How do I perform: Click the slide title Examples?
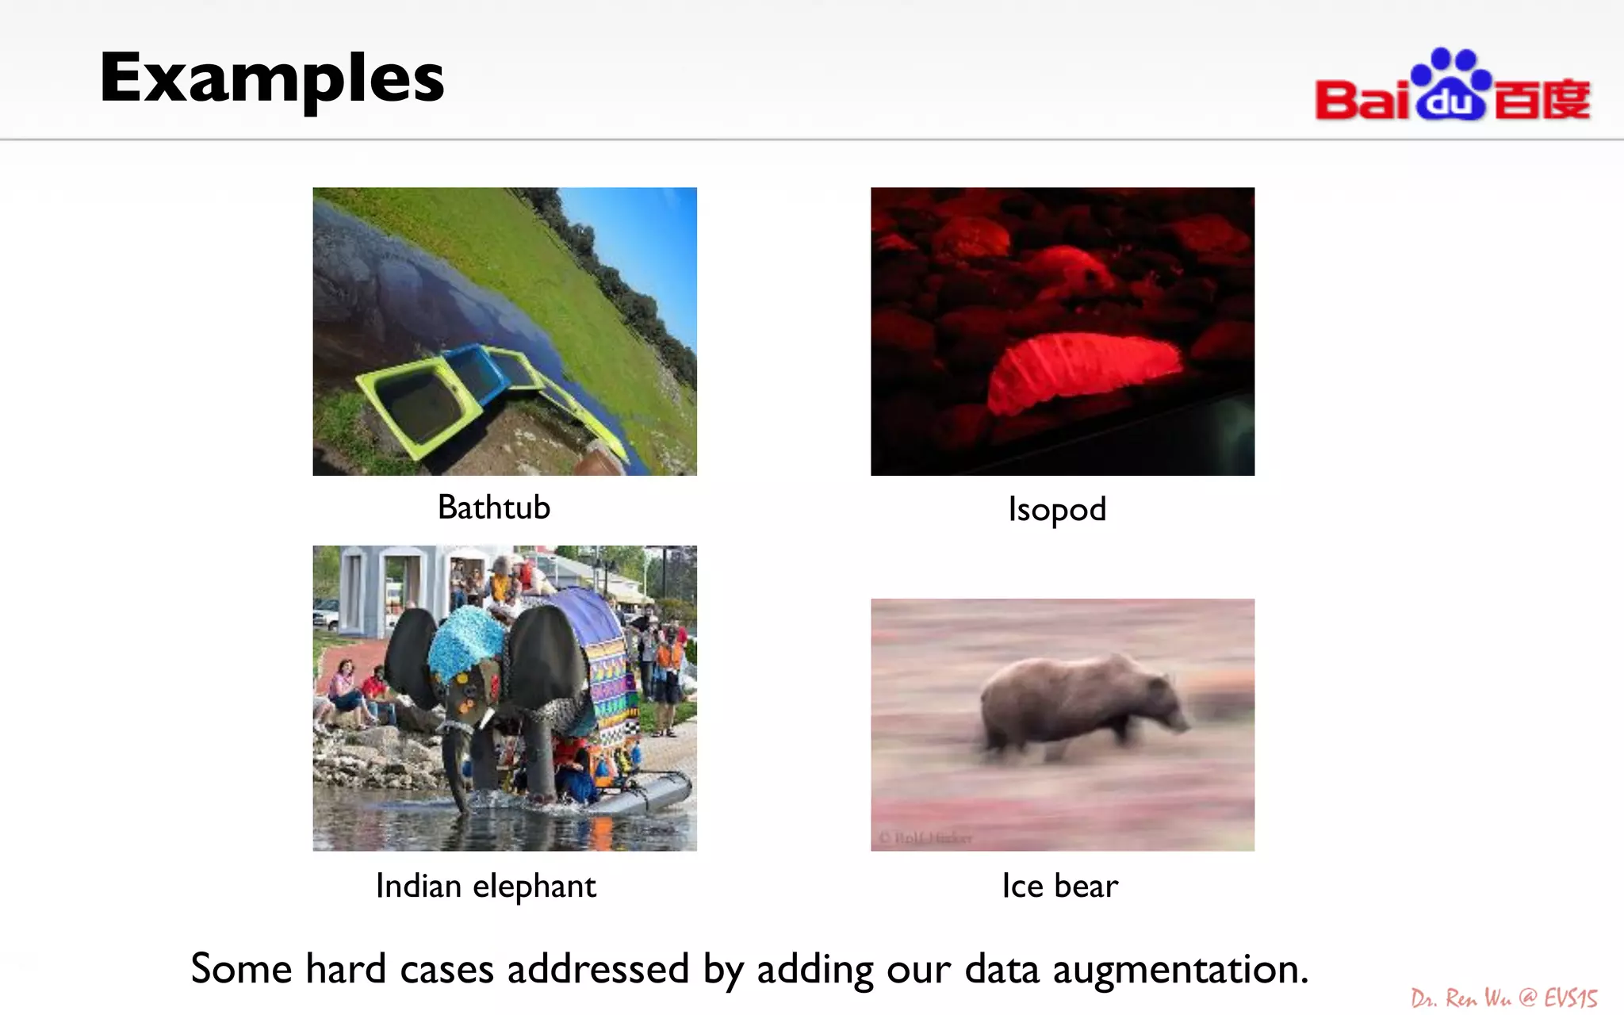point(271,78)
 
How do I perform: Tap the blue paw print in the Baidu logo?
point(1451,84)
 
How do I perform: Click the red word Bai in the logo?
point(1362,100)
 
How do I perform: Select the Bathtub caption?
point(493,507)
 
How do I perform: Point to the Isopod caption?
point(1057,509)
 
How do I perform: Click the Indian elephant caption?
point(485,886)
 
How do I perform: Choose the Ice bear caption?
point(1059,886)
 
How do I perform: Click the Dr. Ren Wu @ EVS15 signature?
point(1503,998)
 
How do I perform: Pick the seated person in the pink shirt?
point(343,686)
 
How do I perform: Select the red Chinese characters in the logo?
point(1542,100)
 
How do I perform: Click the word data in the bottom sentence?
point(1001,969)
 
